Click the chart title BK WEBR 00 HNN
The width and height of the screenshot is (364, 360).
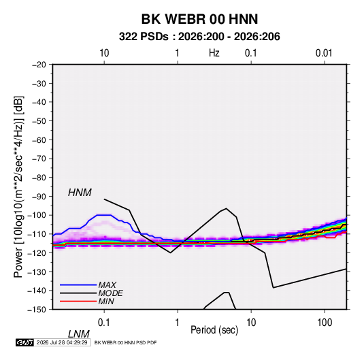click(199, 19)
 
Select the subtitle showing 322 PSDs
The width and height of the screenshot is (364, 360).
click(199, 37)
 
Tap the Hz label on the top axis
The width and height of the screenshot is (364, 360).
click(214, 53)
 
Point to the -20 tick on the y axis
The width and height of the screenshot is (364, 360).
click(39, 65)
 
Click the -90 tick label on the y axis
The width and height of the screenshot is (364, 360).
click(39, 197)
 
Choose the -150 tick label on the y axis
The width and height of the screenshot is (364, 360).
click(37, 310)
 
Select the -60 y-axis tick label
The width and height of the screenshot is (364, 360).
click(39, 140)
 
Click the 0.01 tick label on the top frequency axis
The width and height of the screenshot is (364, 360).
click(324, 53)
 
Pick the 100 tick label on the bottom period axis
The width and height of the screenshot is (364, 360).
click(325, 323)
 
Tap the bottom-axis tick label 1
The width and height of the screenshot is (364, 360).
click(178, 323)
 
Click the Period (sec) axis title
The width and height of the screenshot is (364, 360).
click(214, 330)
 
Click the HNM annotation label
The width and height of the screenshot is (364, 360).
click(80, 193)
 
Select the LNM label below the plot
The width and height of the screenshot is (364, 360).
click(78, 334)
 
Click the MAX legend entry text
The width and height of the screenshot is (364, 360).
click(107, 285)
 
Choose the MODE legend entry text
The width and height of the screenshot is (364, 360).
click(110, 293)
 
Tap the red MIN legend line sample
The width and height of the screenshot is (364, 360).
click(78, 301)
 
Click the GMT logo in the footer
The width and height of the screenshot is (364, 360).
click(24, 342)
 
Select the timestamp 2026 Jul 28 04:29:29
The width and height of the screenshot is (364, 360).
click(62, 342)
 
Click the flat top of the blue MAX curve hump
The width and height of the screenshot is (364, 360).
click(104, 215)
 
